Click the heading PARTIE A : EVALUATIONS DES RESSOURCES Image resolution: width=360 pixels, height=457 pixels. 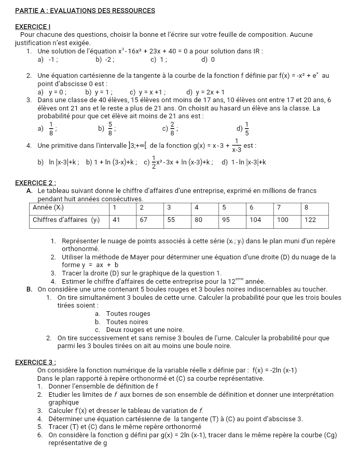coord(86,10)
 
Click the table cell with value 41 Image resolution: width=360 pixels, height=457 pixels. coord(117,219)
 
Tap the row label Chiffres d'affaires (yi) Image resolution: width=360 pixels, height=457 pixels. coord(66,219)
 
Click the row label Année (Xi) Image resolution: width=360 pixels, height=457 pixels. coord(54,207)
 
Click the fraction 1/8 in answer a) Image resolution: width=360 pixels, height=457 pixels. coord(51,129)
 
